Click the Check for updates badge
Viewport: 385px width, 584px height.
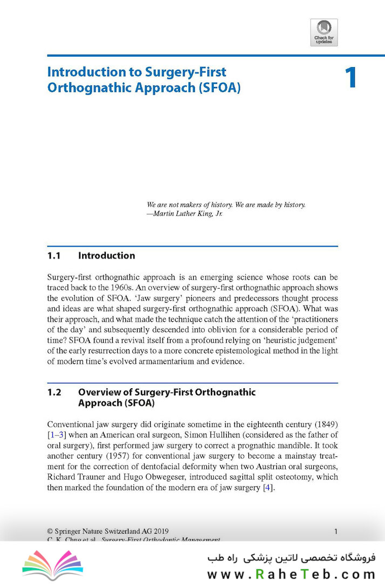point(324,32)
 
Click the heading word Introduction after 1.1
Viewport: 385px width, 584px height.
point(106,256)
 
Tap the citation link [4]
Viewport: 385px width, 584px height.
point(267,488)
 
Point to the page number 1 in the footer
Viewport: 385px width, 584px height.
point(336,531)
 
